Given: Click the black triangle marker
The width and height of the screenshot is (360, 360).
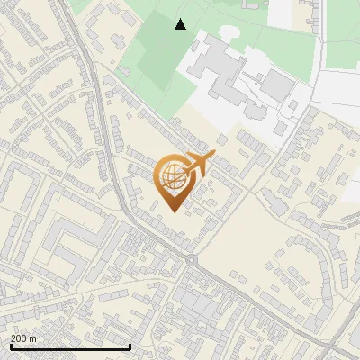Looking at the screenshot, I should point(181,24).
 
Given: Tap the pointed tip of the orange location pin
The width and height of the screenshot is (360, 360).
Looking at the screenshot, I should point(171,211).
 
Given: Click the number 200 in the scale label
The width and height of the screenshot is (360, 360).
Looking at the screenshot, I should point(20,338).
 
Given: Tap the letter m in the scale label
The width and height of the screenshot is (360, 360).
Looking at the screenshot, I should point(33,338).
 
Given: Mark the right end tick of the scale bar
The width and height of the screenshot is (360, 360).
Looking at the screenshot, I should point(130,346).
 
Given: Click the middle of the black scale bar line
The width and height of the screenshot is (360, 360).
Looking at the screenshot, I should point(69,347).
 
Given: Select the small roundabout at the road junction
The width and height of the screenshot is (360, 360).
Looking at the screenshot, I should point(192,261).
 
